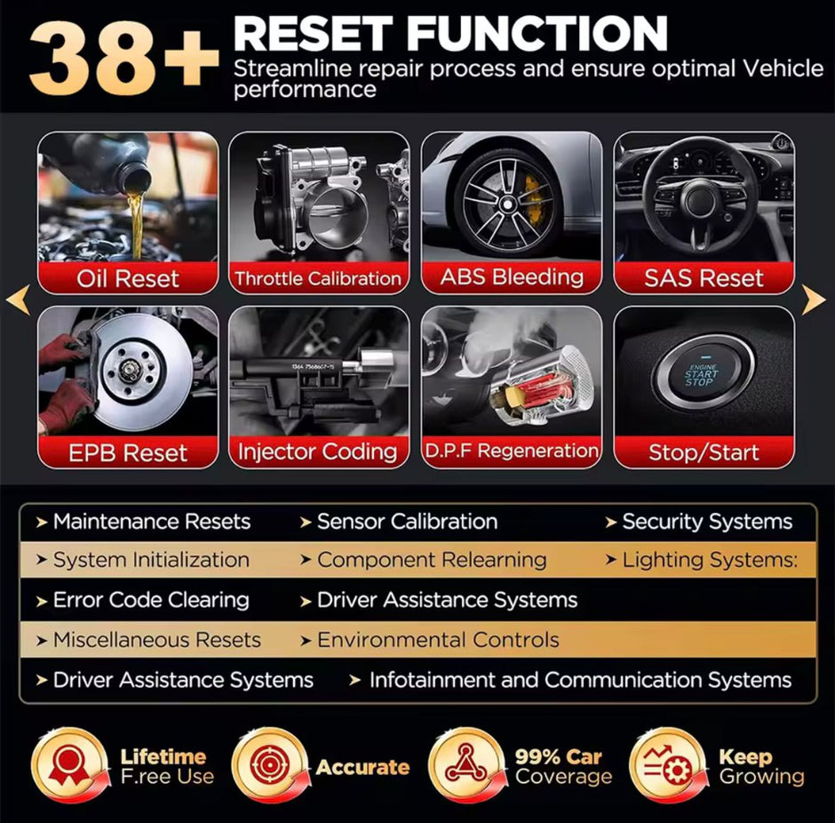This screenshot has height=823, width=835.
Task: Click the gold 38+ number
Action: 123,60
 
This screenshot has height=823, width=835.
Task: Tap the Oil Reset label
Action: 128,278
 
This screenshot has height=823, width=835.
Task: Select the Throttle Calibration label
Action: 318,278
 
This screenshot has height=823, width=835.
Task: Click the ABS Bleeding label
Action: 512,277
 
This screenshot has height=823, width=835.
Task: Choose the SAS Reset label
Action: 704,277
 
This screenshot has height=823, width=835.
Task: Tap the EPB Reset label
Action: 128,452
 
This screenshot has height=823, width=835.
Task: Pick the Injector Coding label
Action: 318,451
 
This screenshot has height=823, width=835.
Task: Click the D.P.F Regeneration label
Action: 512,451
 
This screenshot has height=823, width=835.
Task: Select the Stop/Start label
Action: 704,452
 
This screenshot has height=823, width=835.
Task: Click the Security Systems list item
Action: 699,522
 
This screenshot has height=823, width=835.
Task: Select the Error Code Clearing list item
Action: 143,600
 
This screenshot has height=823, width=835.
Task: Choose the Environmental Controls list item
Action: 430,640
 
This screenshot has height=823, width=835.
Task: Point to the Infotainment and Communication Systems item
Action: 570,680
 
